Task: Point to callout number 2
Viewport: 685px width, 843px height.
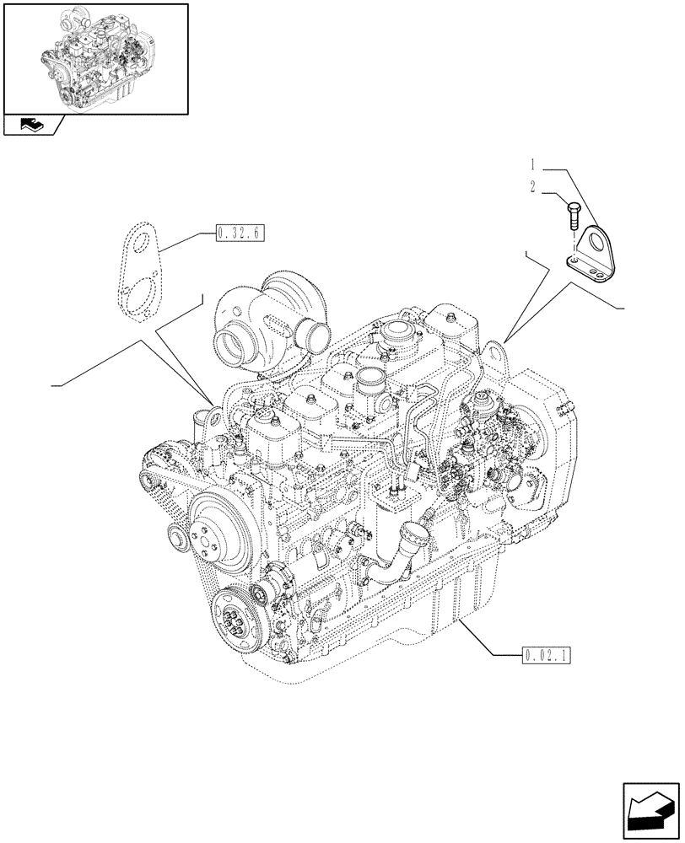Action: (533, 187)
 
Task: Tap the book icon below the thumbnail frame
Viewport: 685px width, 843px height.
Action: (32, 126)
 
